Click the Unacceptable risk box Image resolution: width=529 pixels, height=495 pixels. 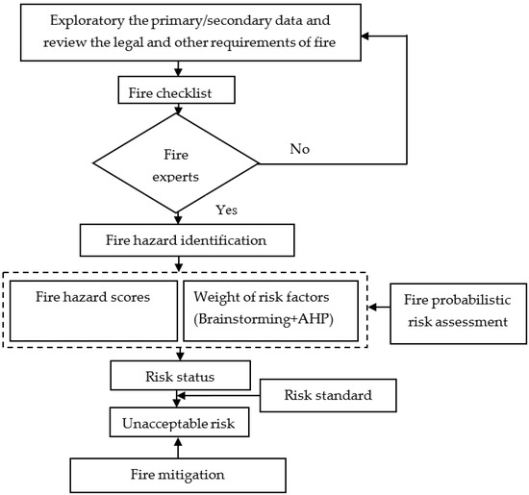(x=178, y=424)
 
